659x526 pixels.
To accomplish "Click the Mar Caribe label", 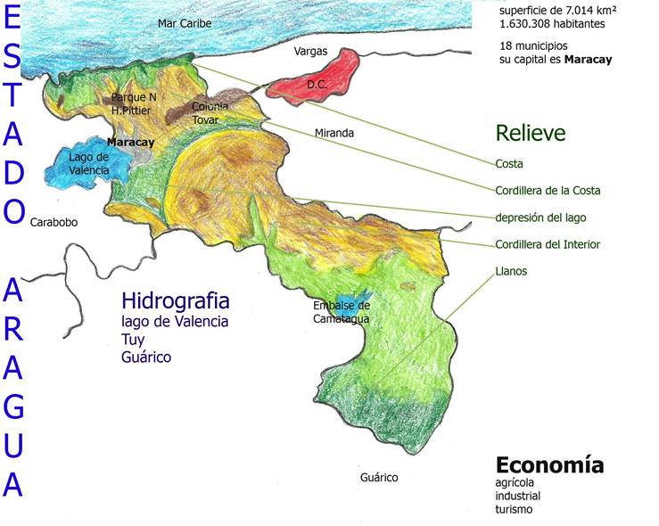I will point(185,23).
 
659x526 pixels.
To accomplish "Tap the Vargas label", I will point(311,52).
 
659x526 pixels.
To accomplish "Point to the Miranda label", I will point(334,133).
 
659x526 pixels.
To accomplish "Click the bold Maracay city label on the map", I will point(130,142).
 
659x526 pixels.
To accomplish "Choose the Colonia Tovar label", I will point(210,112).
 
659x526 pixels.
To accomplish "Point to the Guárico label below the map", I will point(379,477).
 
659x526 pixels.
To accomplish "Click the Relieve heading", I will point(531,134).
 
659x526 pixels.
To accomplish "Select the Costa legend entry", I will point(509,164).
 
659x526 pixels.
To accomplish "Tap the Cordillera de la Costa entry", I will point(548,190).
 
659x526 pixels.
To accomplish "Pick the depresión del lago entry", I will point(541,217).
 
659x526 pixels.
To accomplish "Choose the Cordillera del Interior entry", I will point(548,244).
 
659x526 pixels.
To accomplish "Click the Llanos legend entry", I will point(511,270).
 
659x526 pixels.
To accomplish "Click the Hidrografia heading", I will point(176,300).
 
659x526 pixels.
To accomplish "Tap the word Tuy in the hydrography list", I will point(132,340).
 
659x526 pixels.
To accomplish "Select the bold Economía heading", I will point(549,464).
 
